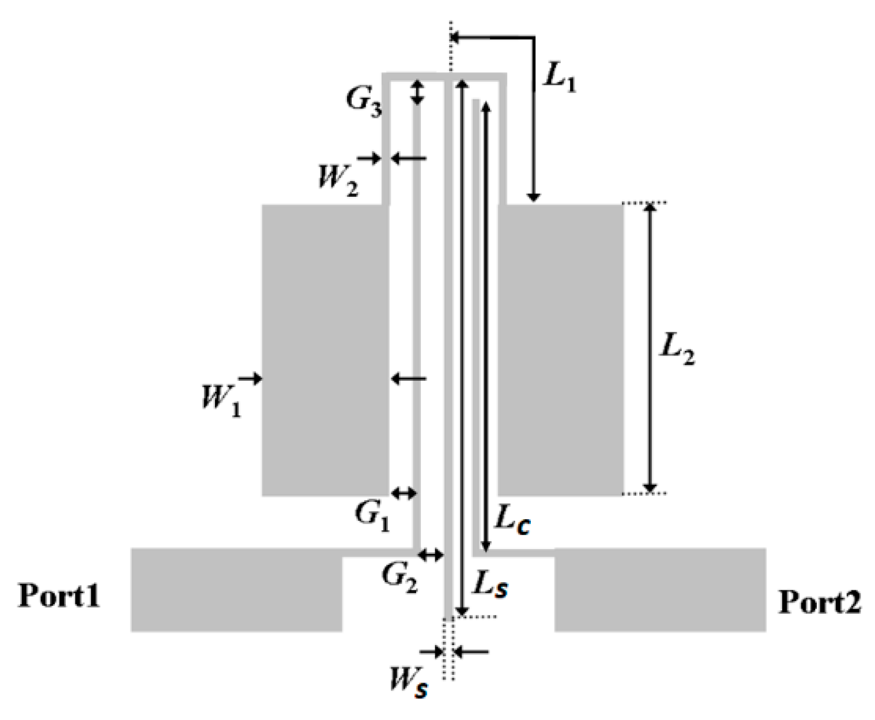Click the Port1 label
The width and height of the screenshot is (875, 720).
(x=59, y=595)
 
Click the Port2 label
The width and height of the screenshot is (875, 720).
(x=819, y=602)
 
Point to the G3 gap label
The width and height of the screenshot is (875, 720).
(x=364, y=103)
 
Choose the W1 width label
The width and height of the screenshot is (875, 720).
(x=221, y=399)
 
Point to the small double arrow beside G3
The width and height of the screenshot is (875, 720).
(x=417, y=92)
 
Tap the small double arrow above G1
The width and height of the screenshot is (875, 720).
(x=403, y=493)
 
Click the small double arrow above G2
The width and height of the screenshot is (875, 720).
(x=431, y=556)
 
